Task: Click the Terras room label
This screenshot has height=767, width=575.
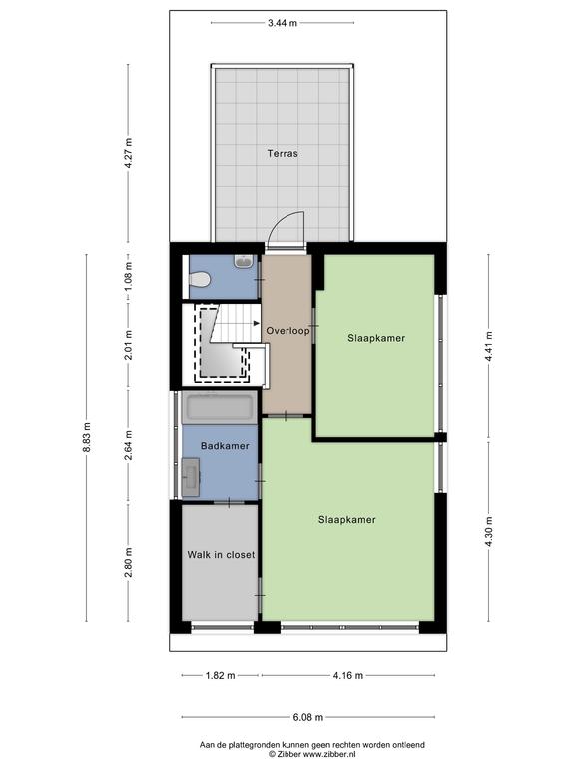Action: pyautogui.click(x=283, y=153)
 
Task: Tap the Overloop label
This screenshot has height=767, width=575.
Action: pyautogui.click(x=287, y=331)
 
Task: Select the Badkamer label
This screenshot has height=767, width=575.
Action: pyautogui.click(x=225, y=446)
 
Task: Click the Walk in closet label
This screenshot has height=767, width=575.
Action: pyautogui.click(x=221, y=555)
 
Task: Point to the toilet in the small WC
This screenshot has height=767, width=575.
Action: pyautogui.click(x=200, y=280)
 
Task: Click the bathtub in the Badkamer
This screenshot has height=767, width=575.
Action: pyautogui.click(x=218, y=407)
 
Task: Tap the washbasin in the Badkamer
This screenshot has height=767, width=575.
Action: pyautogui.click(x=191, y=477)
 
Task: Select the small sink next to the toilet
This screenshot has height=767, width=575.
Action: pyautogui.click(x=243, y=261)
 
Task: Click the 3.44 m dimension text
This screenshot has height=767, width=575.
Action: pyautogui.click(x=283, y=23)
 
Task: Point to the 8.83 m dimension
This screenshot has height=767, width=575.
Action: pyautogui.click(x=87, y=437)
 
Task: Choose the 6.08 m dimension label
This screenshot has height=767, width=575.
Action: pyautogui.click(x=308, y=717)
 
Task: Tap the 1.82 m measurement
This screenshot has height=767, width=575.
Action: pyautogui.click(x=220, y=675)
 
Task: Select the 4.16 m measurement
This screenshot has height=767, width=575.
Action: pyautogui.click(x=348, y=675)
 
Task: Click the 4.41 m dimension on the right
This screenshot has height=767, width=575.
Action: pyautogui.click(x=488, y=347)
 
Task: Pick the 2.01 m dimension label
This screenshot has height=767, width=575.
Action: pyautogui.click(x=128, y=345)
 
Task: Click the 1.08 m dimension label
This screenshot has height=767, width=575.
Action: pyautogui.click(x=128, y=276)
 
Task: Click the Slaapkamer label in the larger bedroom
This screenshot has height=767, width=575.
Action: pyautogui.click(x=347, y=520)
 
